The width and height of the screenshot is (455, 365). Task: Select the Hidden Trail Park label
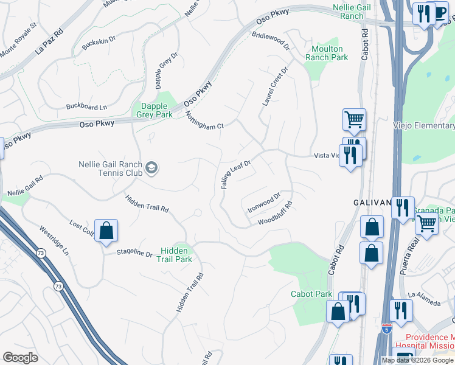point(176,255)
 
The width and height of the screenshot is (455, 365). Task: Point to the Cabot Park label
point(311,294)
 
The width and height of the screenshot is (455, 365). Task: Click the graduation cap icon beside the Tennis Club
point(151,169)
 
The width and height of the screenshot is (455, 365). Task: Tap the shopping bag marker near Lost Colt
point(106,231)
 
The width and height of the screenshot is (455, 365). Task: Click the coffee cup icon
point(440,13)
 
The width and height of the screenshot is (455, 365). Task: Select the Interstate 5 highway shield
point(387,328)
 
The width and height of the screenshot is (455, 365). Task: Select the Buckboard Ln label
point(86,107)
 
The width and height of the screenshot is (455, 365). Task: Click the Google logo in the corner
point(20,357)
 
